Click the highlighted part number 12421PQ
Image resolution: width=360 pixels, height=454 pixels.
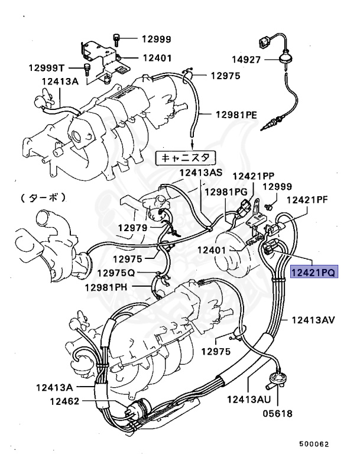313,273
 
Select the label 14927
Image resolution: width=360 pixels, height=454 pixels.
246,60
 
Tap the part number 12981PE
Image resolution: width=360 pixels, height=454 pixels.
236,114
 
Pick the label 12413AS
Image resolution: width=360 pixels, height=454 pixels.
200,172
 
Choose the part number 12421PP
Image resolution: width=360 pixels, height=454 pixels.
253,176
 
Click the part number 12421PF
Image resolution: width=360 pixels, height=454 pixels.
307,199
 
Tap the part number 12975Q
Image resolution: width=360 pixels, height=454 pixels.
116,273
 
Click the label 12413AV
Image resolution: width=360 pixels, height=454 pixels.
313,320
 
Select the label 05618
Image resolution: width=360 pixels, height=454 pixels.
277,413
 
